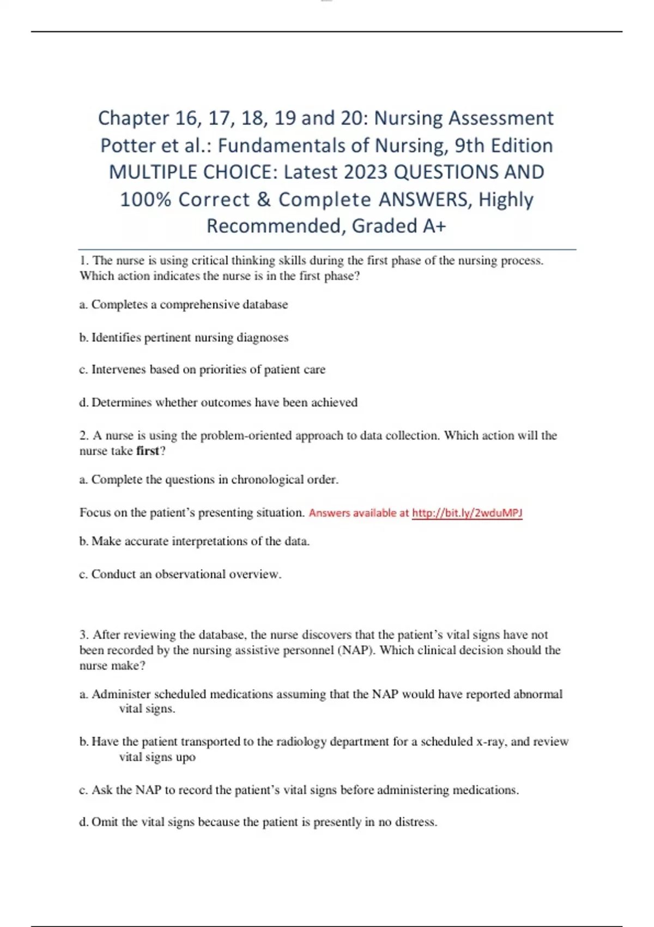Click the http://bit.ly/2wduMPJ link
(x=467, y=513)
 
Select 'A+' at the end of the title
(x=434, y=226)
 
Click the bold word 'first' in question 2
(x=147, y=451)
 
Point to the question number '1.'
(x=84, y=261)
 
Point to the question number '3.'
(x=84, y=635)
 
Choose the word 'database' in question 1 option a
(x=265, y=305)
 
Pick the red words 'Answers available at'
(x=359, y=513)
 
